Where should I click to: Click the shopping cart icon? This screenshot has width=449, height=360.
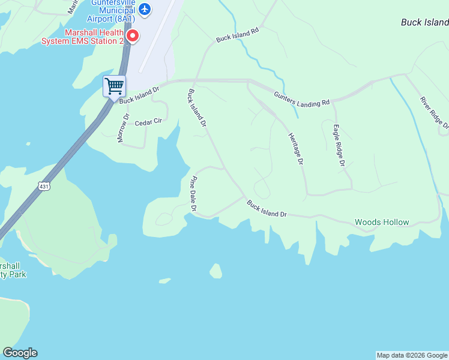(x=114, y=86)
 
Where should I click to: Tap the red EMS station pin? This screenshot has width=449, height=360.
(x=132, y=36)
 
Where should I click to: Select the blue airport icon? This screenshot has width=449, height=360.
(x=144, y=9)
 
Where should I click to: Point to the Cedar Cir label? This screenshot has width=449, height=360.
(x=148, y=122)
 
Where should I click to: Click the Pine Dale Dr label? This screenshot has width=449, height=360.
(x=194, y=194)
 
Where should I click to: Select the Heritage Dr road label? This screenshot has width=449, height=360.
(x=296, y=149)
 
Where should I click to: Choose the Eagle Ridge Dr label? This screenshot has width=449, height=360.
(x=339, y=145)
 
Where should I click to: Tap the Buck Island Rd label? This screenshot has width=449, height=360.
(x=237, y=34)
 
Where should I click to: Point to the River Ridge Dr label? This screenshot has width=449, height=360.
(x=434, y=112)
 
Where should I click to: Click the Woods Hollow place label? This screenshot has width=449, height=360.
(x=382, y=222)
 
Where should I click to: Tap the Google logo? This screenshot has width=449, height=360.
(x=20, y=353)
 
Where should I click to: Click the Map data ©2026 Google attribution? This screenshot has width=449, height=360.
(x=412, y=355)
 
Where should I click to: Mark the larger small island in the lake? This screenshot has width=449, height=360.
(x=215, y=271)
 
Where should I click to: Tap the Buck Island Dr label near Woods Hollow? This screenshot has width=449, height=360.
(x=267, y=209)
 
